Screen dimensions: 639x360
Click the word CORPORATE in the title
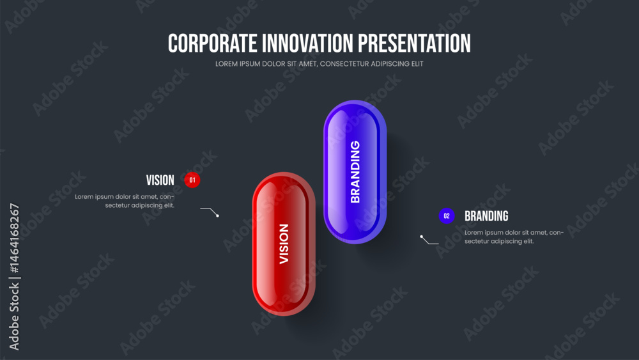tap(212, 43)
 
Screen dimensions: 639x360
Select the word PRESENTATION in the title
tap(415, 43)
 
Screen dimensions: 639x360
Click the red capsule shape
tap(284, 244)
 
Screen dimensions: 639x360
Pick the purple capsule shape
tap(355, 172)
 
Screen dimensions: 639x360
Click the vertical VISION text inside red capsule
tap(284, 244)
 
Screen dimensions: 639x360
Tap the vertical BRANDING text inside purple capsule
tap(355, 171)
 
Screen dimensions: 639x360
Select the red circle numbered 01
tap(192, 180)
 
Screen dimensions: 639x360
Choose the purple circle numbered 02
tap(447, 215)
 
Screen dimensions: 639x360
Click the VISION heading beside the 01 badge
tap(160, 180)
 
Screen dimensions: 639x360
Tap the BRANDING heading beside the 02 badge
tap(486, 216)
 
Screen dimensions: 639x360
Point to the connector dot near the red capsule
tap(218, 215)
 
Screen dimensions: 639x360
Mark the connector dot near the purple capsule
tap(421, 237)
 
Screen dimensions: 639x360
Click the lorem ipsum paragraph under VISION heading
tap(125, 201)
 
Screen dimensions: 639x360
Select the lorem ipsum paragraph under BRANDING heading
tap(514, 237)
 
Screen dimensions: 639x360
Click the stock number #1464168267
tap(14, 239)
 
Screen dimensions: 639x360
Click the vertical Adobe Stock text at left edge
tap(14, 317)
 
